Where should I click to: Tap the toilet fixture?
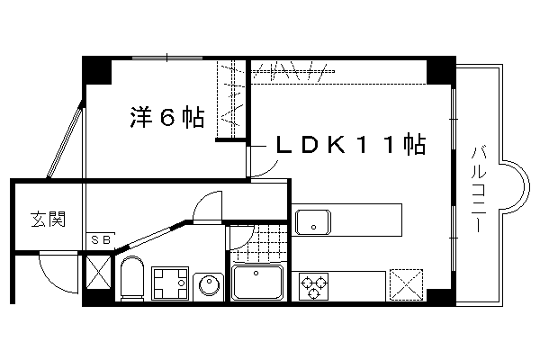(132, 279)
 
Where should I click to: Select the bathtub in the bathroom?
(259, 284)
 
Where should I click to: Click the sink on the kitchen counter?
(312, 220)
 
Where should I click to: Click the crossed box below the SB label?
(96, 271)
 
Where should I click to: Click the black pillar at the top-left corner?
(95, 69)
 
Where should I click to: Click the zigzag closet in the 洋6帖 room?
(231, 99)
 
